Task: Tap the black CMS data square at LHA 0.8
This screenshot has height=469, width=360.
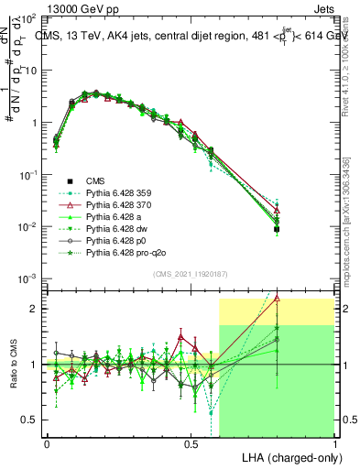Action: [x=277, y=229]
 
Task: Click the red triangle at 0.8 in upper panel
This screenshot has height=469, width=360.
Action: [x=277, y=210]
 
